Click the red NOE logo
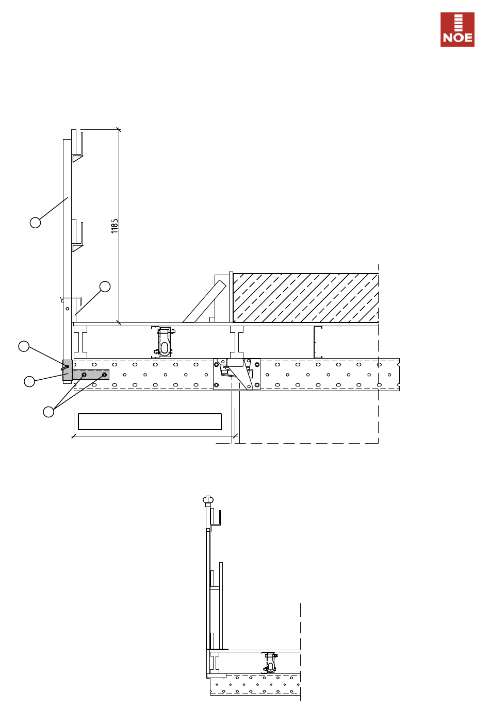click(x=457, y=29)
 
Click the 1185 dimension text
click(x=115, y=226)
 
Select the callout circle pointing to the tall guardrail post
click(x=36, y=223)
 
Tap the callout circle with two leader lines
click(x=48, y=412)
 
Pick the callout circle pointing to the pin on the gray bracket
click(x=24, y=346)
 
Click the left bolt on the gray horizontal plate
click(x=84, y=375)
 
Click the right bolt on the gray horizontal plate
click(x=105, y=375)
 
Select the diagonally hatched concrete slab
click(x=306, y=298)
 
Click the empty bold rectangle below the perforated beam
click(x=150, y=421)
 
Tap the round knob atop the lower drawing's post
click(x=208, y=499)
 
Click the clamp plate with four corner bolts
click(x=237, y=375)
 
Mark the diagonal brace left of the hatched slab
click(x=205, y=301)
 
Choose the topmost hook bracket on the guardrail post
click(x=77, y=146)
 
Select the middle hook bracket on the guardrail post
click(x=77, y=235)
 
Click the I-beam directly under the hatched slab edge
click(x=237, y=342)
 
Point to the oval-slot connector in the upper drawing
click(x=165, y=342)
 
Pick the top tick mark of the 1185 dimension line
click(x=119, y=130)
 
